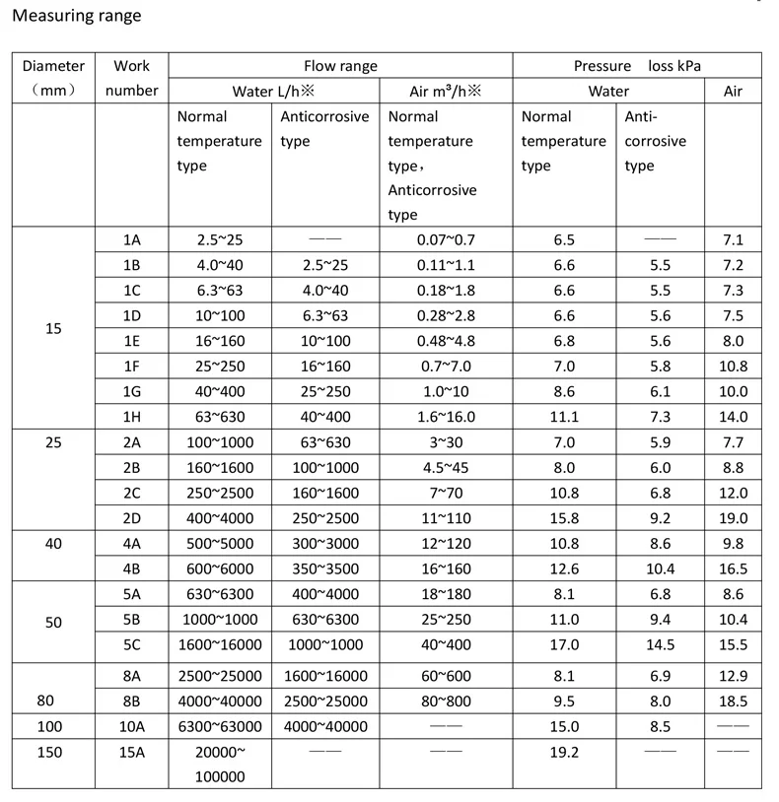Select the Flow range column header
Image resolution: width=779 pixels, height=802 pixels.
tap(340, 66)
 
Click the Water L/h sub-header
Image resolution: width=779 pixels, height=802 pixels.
tap(273, 92)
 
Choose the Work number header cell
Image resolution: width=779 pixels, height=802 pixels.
tap(131, 79)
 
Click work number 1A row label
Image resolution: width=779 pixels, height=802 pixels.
tap(131, 239)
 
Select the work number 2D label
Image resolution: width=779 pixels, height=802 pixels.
tap(131, 518)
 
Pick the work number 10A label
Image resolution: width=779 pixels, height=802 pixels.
tap(131, 726)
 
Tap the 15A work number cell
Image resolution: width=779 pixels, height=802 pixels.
tap(131, 752)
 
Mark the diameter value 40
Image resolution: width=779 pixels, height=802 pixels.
tap(53, 543)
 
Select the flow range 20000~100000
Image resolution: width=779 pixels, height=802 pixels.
tap(220, 764)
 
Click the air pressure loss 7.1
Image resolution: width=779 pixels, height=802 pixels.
tap(733, 239)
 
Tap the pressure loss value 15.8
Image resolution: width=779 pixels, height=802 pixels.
tap(564, 518)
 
